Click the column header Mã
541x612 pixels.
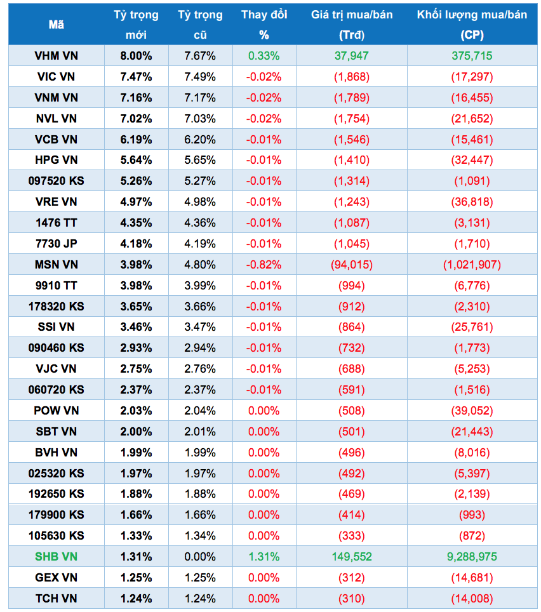56,25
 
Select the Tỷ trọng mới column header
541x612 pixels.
136,25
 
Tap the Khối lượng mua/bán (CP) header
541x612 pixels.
472,25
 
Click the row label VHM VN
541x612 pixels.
56,56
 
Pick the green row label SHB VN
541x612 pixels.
56,557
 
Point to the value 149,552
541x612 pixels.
351,557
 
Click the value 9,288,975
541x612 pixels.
472,557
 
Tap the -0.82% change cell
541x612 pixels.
264,265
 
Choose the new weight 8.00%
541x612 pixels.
136,56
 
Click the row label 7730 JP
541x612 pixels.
56,244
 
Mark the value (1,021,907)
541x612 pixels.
472,265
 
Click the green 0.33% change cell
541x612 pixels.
264,56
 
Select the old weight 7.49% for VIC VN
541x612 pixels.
200,77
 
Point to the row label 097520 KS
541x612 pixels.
56,181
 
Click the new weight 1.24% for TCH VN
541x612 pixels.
136,599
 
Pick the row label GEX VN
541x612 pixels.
56,578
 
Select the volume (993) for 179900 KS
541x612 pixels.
472,515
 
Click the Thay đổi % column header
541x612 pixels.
264,25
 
